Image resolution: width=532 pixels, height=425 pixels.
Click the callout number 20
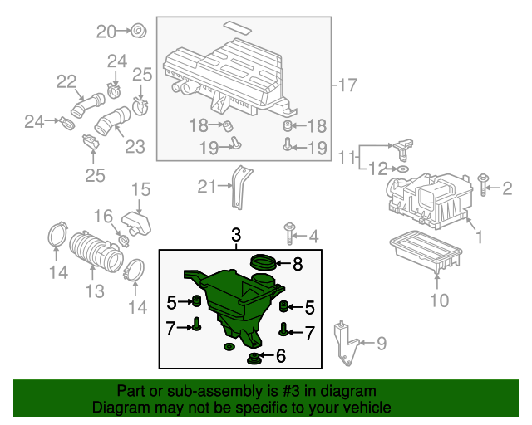coord(106,32)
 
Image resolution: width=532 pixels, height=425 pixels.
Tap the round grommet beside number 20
coord(139,31)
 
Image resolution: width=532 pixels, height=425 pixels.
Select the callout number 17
coord(347,85)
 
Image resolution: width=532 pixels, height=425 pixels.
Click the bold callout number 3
coord(236,235)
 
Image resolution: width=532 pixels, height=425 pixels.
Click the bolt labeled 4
coord(289,233)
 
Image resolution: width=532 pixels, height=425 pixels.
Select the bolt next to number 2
coord(482,185)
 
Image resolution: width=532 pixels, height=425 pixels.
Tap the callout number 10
coord(440,300)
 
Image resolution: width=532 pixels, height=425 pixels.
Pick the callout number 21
coord(207,187)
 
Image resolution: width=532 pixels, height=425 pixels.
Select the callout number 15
coord(140,189)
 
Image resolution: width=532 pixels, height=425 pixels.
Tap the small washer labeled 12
coord(402,169)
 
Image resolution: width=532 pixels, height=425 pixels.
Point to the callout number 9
coord(382,344)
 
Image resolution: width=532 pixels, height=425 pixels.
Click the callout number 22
coord(66,81)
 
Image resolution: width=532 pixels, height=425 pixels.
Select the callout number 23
coord(135,147)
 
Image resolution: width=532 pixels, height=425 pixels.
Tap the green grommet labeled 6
coord(254,358)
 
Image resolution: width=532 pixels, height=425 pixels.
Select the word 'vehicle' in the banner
coord(369,407)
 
